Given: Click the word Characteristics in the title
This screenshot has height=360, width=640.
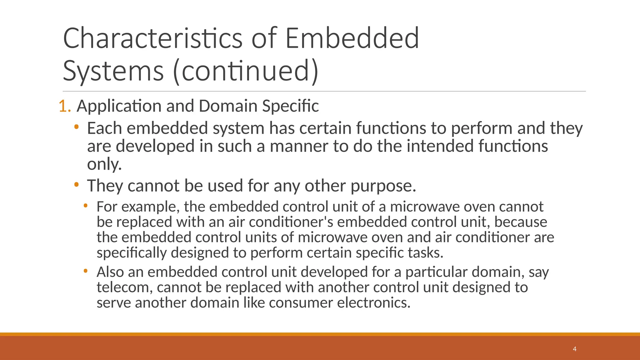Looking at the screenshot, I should (152, 38).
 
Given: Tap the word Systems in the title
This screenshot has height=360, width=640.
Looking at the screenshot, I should (113, 71).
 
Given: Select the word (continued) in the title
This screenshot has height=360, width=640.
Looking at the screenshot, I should (245, 71).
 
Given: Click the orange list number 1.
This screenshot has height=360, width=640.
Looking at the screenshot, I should (64, 106).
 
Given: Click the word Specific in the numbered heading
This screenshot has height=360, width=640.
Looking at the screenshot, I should (290, 106).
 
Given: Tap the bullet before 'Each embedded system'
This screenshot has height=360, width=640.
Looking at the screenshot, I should (77, 127).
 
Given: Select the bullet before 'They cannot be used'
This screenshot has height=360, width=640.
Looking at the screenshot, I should (77, 185).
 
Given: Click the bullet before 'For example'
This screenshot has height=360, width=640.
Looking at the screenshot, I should (86, 205).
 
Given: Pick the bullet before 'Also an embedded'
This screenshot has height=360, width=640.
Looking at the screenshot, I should (86, 271).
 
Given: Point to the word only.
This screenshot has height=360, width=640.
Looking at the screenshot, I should (104, 164).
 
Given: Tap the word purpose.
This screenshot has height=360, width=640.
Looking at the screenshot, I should (383, 186).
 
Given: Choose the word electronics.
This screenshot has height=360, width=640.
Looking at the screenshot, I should (373, 303).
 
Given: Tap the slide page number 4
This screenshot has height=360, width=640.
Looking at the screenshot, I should (574, 349).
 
